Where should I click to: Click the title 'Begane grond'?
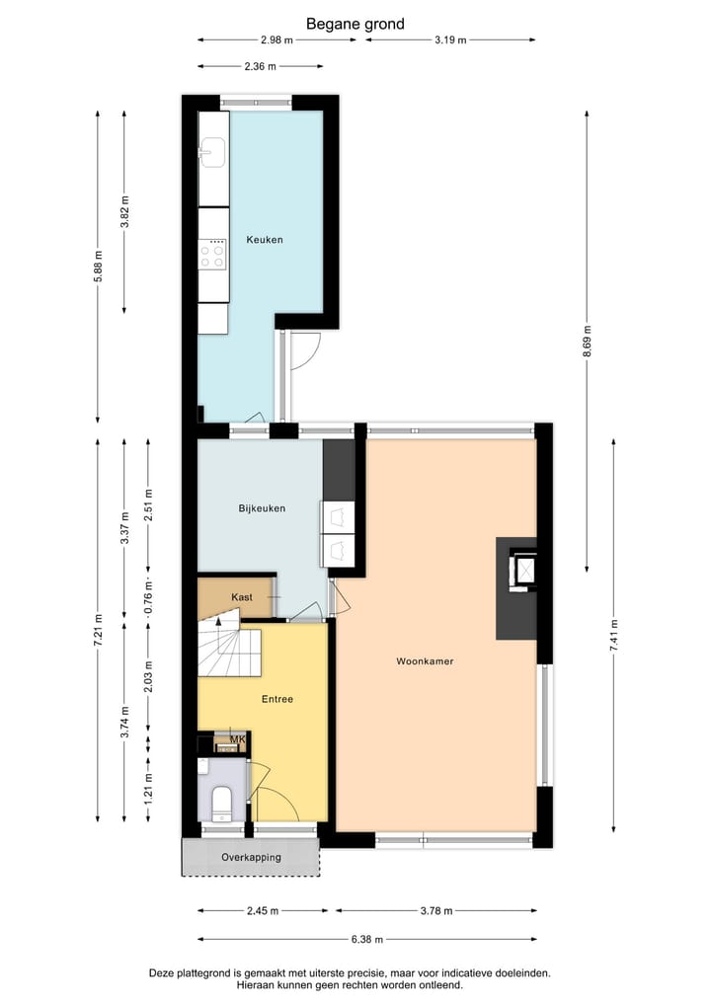pos(355,24)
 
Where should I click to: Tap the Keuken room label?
pos(265,240)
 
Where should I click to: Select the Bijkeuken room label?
pos(262,508)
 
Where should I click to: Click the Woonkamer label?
pos(425,661)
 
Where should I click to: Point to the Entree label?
pos(276,699)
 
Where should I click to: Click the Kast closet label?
pos(242,597)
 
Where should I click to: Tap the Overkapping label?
pos(251,857)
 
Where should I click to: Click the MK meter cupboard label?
pos(237,739)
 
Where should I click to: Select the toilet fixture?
pos(220,803)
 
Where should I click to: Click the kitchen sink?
pos(212,153)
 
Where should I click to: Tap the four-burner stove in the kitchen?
pos(212,256)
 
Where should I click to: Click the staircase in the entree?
pos(228,648)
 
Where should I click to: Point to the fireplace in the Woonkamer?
pos(519,571)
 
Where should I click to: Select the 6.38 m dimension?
pos(366,940)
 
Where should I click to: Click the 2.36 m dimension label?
pos(261,66)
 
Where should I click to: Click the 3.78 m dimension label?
pos(435,910)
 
